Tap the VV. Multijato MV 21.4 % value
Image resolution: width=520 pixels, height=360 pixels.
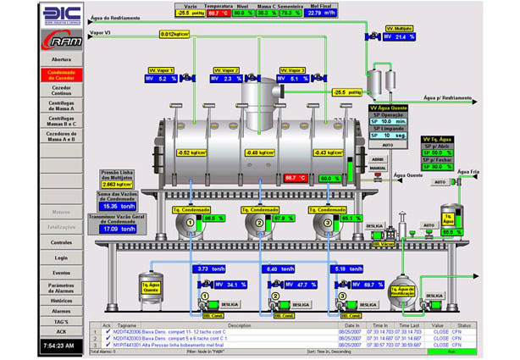(x=401, y=37)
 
